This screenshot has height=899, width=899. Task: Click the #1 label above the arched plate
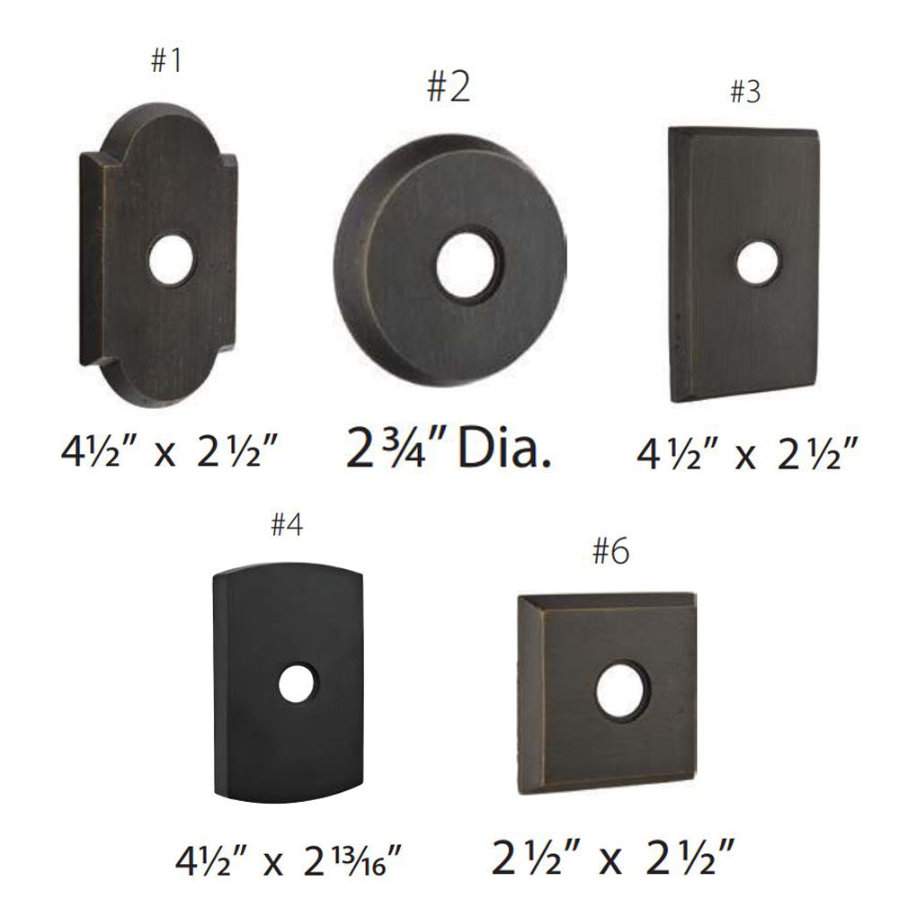coord(166,60)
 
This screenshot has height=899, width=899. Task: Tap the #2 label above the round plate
coord(449,87)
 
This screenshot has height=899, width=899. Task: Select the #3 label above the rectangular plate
coord(745,92)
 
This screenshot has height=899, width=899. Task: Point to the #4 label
coord(288,524)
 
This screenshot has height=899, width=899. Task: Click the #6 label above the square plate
coord(610,552)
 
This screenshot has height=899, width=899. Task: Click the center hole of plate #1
coord(171,259)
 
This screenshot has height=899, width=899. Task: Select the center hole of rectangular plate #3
coord(758,263)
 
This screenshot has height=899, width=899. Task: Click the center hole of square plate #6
coord(623,690)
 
